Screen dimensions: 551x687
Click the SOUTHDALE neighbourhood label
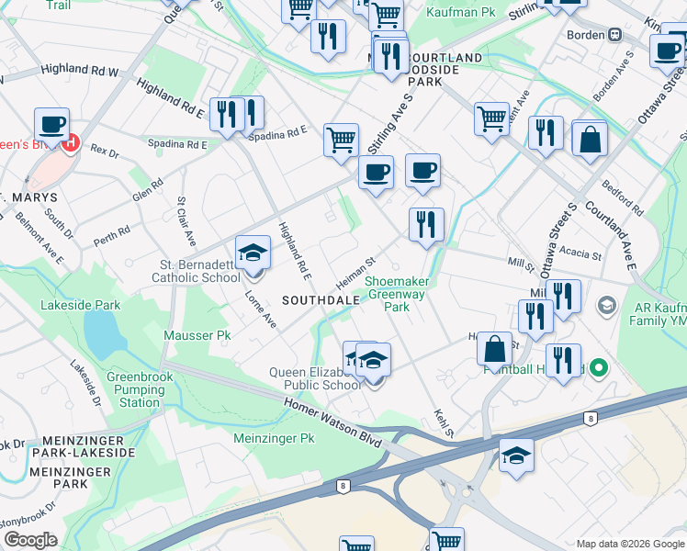(318, 300)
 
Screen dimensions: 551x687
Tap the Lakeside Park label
(81, 305)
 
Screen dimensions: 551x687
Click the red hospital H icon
(71, 143)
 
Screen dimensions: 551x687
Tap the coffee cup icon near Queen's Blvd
(52, 124)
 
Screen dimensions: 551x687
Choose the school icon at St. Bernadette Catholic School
(253, 253)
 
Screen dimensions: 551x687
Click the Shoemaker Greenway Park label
(396, 294)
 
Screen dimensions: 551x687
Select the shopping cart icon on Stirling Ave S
(341, 141)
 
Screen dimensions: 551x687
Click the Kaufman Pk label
(456, 13)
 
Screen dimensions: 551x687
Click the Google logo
(30, 540)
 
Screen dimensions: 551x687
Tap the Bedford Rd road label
(624, 203)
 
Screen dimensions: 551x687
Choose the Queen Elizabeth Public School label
(315, 378)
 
